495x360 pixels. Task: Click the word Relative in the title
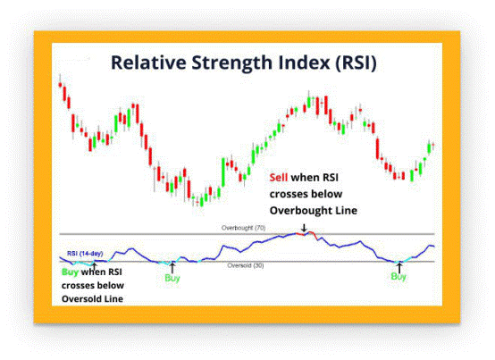[x=148, y=63]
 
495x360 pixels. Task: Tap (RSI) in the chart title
[x=356, y=63]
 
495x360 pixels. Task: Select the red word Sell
[x=279, y=178]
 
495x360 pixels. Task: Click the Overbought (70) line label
[x=243, y=228]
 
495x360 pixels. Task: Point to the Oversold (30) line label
[x=246, y=265]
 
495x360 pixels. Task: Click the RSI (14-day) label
[x=85, y=254]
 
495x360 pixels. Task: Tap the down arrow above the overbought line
[x=304, y=228]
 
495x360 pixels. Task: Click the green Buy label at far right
[x=399, y=277]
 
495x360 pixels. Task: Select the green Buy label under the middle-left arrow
[x=172, y=278]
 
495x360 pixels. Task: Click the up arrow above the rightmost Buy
[x=399, y=268]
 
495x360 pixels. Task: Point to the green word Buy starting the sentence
[x=70, y=272]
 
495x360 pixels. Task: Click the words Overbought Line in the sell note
[x=313, y=211]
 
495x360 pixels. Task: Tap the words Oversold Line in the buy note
[x=92, y=298]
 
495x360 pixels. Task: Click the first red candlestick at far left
[x=60, y=85]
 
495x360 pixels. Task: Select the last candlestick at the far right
[x=433, y=145]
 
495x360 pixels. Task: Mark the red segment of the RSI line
[x=306, y=234]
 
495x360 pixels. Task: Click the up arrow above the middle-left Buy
[x=172, y=268]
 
